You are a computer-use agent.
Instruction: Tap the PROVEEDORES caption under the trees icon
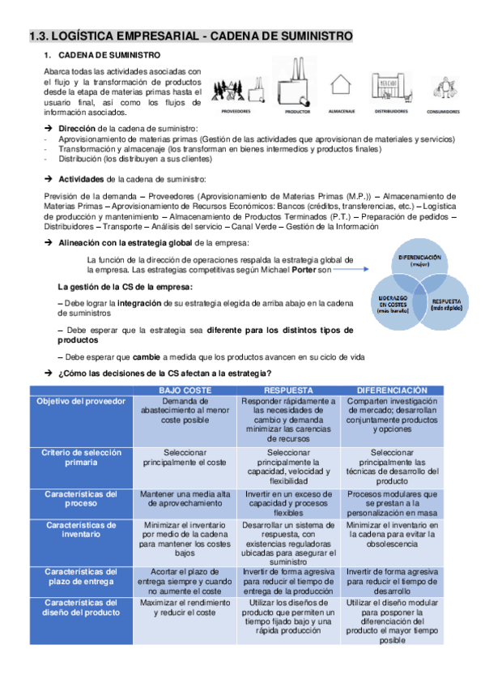coord(236,111)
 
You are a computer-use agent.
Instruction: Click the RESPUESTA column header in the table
coord(288,390)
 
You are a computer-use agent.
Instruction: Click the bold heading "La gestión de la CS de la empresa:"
coord(125,287)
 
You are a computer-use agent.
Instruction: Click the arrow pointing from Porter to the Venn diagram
coord(353,269)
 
